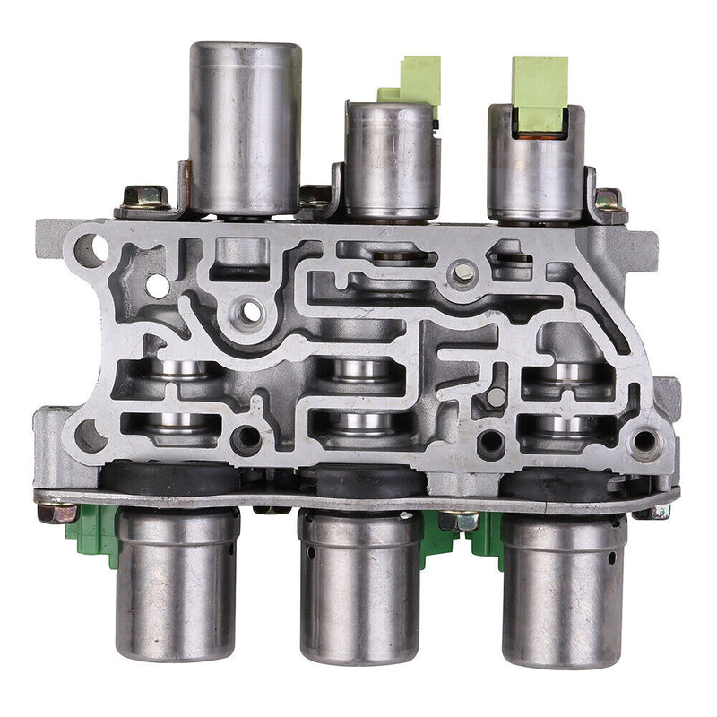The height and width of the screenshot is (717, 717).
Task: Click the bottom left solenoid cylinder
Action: (177, 583)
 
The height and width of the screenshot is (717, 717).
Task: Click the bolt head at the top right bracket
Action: (609, 200)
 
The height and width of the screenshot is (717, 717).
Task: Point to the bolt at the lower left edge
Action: (56, 514)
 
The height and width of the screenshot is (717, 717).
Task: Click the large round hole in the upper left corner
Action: (91, 246)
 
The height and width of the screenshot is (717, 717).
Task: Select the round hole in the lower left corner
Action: (90, 436)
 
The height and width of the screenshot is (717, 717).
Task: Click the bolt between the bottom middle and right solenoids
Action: (459, 520)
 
